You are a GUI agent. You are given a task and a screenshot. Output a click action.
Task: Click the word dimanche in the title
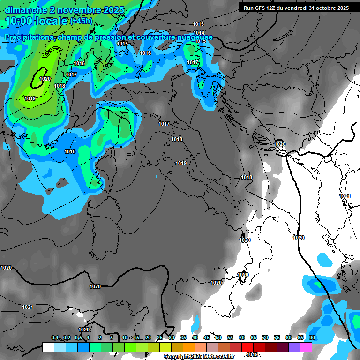coord(25,10)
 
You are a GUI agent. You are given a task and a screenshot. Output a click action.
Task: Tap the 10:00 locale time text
coord(36,22)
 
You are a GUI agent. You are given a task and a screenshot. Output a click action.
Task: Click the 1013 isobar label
coord(198,24)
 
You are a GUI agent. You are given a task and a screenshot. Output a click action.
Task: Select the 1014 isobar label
coord(199,33)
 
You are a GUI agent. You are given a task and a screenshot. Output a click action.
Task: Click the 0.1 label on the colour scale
coord(55,338)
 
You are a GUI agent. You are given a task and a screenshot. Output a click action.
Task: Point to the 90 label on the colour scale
coord(312,338)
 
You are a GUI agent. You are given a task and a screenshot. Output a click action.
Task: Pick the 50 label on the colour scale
coord(218,338)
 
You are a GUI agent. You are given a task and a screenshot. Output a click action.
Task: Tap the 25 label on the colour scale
coord(160,338)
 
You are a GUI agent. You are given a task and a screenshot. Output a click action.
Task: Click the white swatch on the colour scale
coord(48,347)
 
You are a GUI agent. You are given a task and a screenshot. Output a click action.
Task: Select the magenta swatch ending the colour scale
coord(306,347)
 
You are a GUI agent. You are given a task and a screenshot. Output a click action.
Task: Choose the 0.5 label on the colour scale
coord(78,338)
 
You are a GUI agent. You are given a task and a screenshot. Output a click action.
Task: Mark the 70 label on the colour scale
coord(265,338)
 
